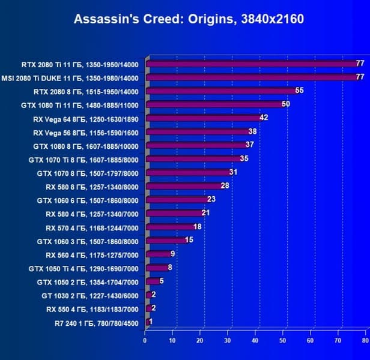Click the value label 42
[264, 118]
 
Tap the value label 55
[300, 91]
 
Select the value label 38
[252, 131]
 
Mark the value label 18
[198, 227]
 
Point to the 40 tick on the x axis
[255, 340]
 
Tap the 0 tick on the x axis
[145, 340]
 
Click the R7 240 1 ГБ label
[96, 323]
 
